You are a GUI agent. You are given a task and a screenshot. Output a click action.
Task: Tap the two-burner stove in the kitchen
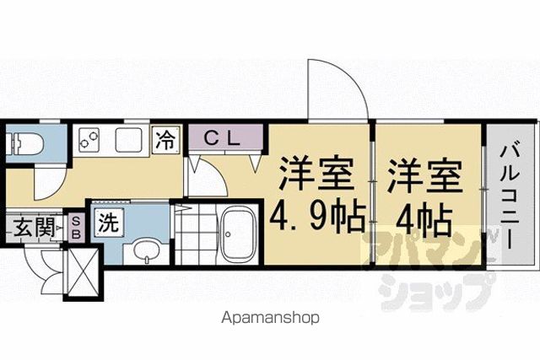click(x=89, y=140)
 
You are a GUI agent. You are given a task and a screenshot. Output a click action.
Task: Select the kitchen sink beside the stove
click(x=128, y=140)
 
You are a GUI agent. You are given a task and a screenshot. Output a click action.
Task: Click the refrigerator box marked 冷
click(x=167, y=140)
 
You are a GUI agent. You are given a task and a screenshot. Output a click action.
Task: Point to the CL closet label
click(x=221, y=139)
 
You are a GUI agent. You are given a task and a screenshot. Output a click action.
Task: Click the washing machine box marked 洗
click(x=109, y=222)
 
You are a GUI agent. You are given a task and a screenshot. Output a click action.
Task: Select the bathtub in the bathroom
click(x=238, y=235)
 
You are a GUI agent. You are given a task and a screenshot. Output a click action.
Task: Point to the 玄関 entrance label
click(x=35, y=228)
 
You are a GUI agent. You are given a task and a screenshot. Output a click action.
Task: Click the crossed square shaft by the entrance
click(x=82, y=271)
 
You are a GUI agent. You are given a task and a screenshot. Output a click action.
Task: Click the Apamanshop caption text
click(x=270, y=318)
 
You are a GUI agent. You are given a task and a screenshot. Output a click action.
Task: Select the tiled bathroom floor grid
click(x=196, y=234)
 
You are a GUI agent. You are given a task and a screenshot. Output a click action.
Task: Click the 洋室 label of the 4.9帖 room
click(x=316, y=174)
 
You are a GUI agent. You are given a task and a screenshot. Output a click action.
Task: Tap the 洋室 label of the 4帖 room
click(x=424, y=176)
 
